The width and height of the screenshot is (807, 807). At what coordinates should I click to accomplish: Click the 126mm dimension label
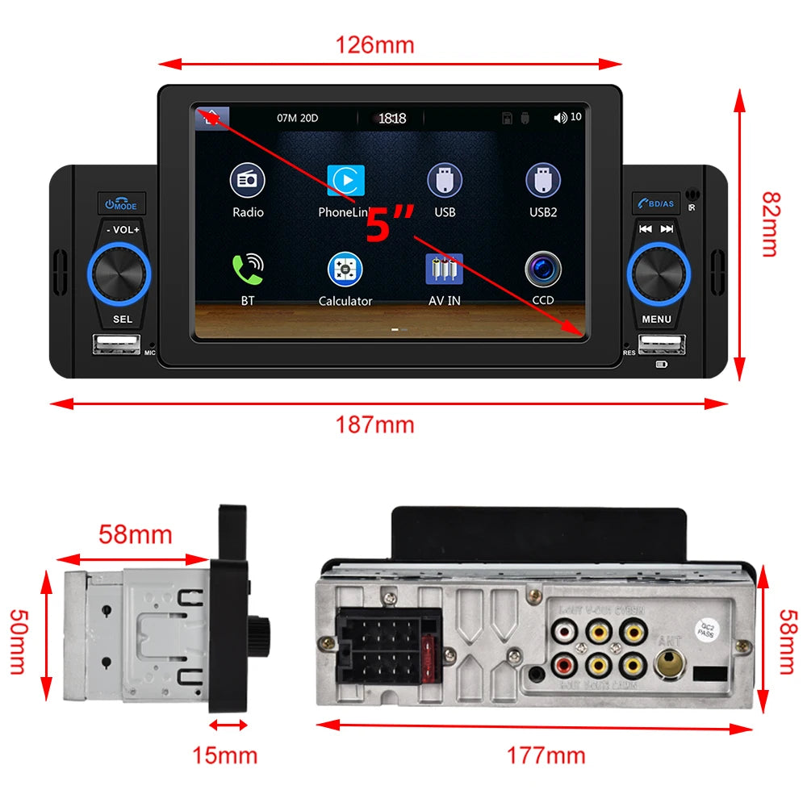coord(374,45)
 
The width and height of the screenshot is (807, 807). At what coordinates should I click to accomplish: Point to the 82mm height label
coord(770,224)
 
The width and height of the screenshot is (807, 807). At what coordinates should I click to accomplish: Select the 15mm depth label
coord(224,755)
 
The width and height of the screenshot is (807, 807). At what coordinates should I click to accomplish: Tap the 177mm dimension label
coord(546,755)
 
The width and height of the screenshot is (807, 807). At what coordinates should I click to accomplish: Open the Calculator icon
coord(345,270)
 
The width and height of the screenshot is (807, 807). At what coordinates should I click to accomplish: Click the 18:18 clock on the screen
coord(392,118)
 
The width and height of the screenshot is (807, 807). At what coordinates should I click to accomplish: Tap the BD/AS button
coord(655,203)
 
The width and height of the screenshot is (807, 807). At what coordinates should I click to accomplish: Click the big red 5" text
coord(390,224)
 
